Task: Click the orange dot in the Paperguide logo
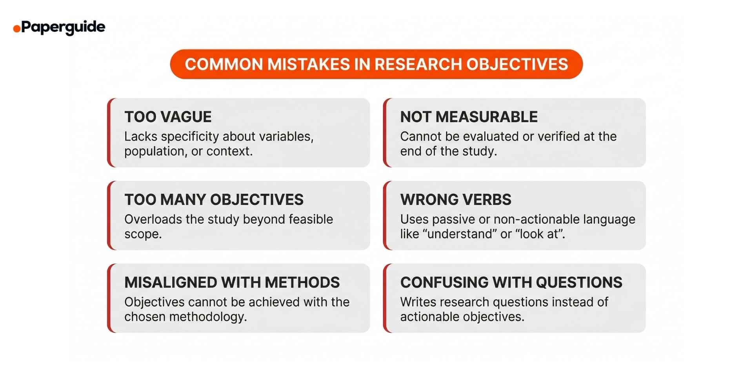[16, 29]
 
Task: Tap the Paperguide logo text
[63, 27]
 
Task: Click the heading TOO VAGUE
[168, 117]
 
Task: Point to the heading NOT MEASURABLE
[469, 117]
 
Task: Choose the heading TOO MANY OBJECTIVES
[214, 199]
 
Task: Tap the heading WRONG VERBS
[456, 199]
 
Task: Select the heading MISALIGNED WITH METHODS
[232, 282]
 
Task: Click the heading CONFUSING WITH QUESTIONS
[511, 282]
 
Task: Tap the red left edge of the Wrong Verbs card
[386, 215]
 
